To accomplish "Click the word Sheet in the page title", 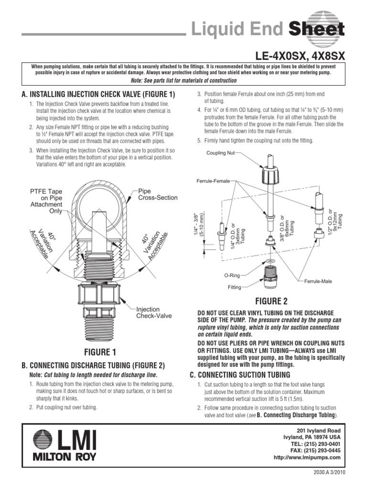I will (x=316, y=31).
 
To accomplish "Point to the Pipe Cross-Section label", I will (x=158, y=194).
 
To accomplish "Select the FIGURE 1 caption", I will (x=100, y=352).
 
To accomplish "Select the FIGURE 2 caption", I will (x=271, y=301).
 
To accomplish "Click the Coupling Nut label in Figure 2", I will (x=220, y=153).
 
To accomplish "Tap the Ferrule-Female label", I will (x=213, y=181).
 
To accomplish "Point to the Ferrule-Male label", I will (x=318, y=281).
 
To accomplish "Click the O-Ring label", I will (x=232, y=276).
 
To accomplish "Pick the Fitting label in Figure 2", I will (x=235, y=288).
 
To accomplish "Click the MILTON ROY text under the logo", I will (x=64, y=457).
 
